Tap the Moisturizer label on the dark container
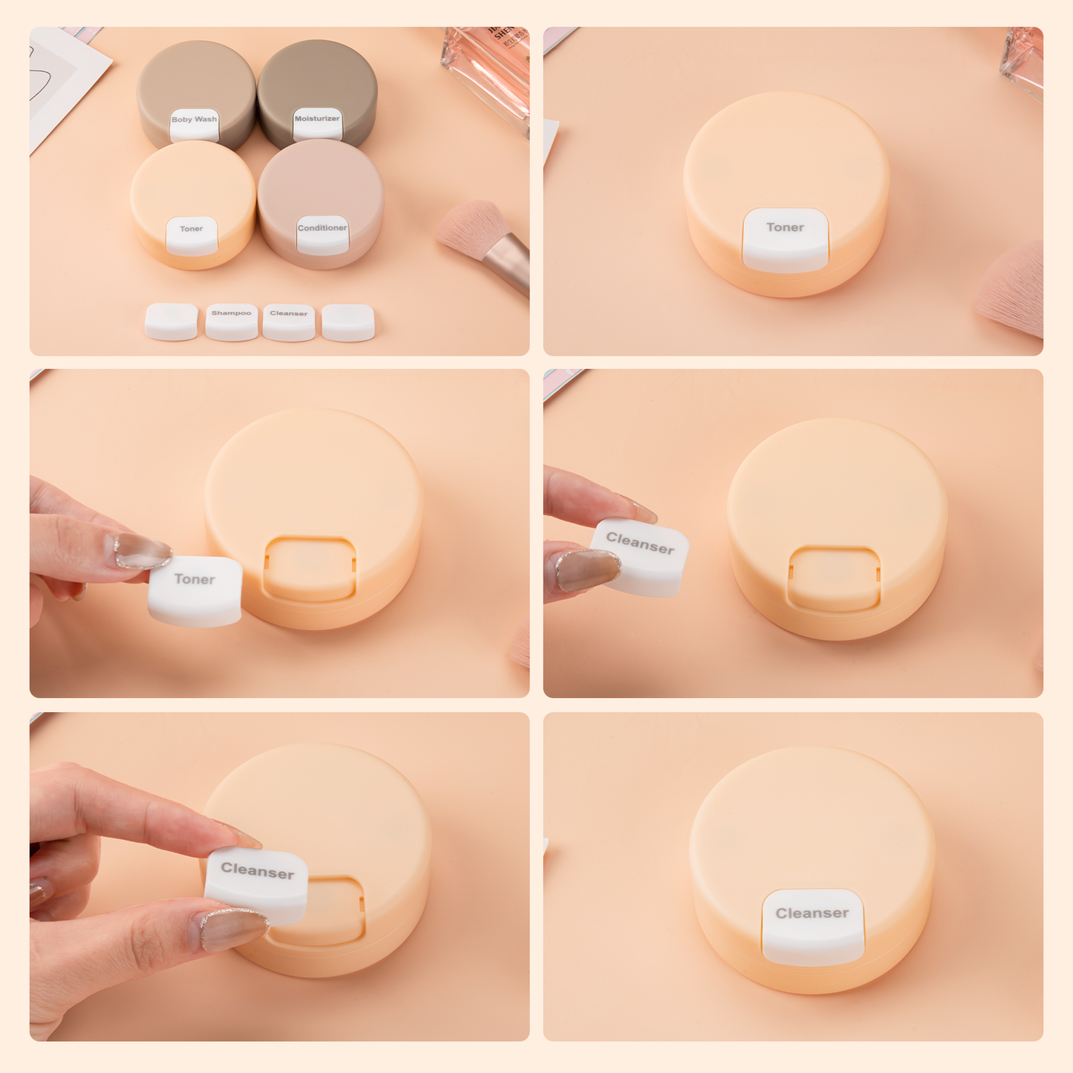tap(317, 124)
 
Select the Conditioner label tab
tap(322, 234)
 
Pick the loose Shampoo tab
tap(232, 322)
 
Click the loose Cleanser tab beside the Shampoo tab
tap(289, 322)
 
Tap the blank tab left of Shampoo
tap(172, 322)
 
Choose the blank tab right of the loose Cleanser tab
tap(348, 322)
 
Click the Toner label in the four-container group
tap(192, 235)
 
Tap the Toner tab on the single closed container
tap(786, 239)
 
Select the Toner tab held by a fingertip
tap(195, 590)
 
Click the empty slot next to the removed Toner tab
tap(310, 568)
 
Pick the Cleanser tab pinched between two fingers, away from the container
tap(640, 556)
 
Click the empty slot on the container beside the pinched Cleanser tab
tap(835, 579)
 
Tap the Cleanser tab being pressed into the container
tap(257, 884)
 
